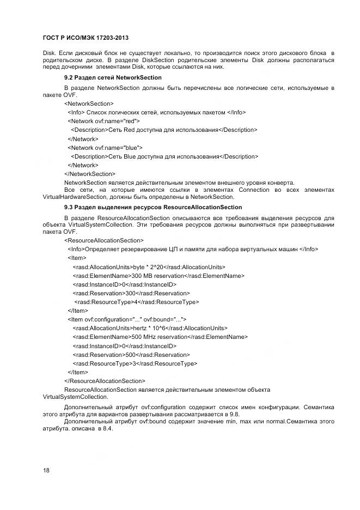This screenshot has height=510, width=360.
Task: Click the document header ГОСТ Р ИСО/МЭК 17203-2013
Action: coord(86,38)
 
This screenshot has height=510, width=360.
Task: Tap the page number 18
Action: coord(46,469)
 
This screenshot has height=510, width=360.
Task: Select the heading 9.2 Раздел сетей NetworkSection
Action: coord(113,78)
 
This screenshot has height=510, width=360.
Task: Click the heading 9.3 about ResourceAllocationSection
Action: coord(153,208)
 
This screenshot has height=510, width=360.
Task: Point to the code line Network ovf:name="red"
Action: coord(103,121)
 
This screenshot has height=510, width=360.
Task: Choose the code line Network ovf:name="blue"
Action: coord(105,148)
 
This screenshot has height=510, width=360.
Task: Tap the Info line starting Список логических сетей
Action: coord(157,112)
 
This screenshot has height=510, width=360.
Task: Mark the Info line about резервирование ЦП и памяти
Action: coord(193,249)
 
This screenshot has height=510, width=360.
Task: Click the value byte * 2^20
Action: coord(147,267)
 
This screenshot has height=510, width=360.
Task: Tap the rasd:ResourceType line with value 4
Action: coord(136,302)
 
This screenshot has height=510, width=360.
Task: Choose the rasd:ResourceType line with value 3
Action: coord(135,363)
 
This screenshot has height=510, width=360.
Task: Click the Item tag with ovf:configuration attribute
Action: coord(127,319)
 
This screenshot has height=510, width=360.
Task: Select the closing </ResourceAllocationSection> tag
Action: coord(105,381)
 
